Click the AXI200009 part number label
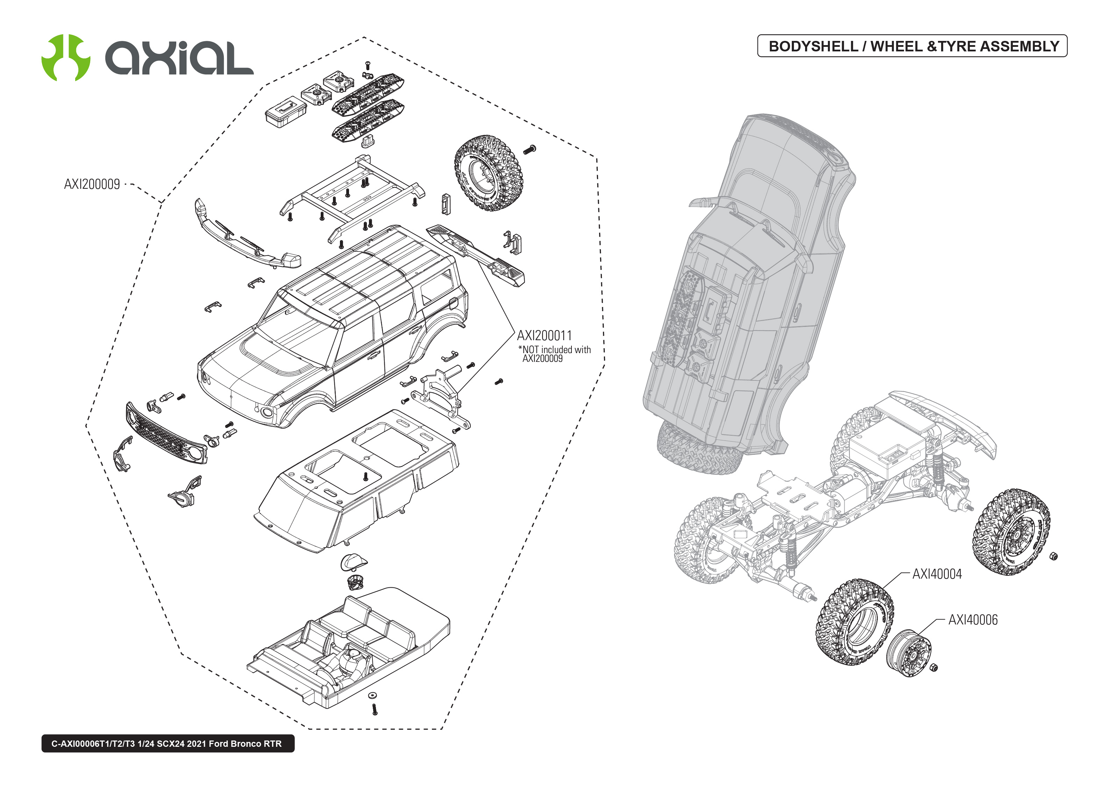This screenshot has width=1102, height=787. (92, 184)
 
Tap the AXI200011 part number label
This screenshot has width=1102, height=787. (544, 335)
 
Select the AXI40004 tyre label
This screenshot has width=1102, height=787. (937, 574)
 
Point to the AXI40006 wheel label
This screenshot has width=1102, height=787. (973, 620)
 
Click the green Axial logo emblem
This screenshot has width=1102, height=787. (65, 58)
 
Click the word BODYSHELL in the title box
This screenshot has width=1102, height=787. (813, 46)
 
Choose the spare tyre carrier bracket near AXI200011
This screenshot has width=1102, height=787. (441, 395)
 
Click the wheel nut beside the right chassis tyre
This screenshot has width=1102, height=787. (1053, 556)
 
